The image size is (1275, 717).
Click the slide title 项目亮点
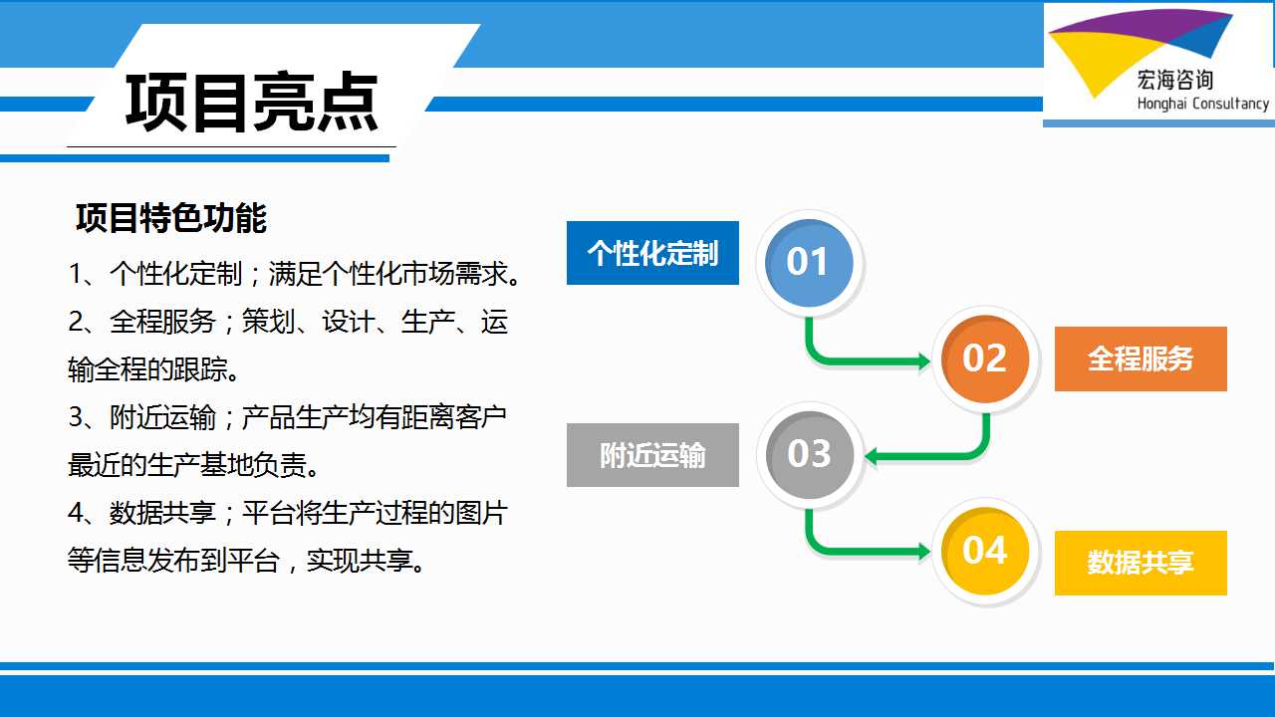point(252,103)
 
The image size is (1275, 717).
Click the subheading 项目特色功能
point(170,217)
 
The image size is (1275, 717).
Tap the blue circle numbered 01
point(809,262)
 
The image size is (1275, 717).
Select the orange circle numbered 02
point(985,358)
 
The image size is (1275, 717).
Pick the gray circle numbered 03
point(810,454)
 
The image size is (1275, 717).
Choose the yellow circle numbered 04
point(985,551)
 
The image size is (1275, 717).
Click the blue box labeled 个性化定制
point(652,253)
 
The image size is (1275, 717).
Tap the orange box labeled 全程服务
point(1141,359)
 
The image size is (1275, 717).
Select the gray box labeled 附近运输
point(652,455)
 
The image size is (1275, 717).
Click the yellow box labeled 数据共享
point(1141,563)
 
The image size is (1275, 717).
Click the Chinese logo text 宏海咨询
point(1174,81)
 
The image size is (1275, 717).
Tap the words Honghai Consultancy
point(1202,104)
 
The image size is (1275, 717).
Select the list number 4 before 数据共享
point(76,513)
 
